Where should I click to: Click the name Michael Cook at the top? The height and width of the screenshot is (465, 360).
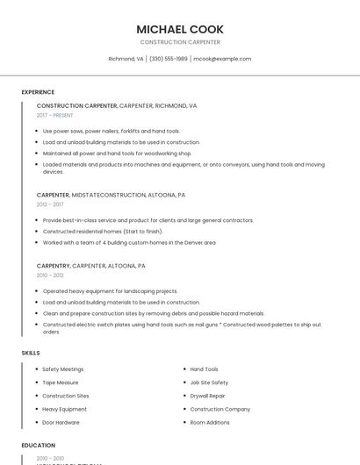pos(180,29)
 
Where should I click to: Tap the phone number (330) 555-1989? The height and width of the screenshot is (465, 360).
pos(168,59)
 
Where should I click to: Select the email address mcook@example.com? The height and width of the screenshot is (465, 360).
pos(222,59)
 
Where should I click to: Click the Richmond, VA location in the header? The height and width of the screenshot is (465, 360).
pos(126,59)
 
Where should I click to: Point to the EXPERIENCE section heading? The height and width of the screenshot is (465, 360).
pos(38,92)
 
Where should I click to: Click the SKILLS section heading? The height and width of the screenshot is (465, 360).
pos(31,353)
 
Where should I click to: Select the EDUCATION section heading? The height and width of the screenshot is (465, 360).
pos(39,446)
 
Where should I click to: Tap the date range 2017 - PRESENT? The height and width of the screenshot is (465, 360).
pos(54,115)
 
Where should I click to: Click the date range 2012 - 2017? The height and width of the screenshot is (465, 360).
pos(50,204)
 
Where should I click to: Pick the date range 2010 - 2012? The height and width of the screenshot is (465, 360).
pos(50,275)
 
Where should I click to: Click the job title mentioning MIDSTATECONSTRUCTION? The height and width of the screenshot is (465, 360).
pos(111,195)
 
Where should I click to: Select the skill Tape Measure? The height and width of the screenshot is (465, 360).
pos(61,383)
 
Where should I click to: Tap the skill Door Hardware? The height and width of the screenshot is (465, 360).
pos(61,422)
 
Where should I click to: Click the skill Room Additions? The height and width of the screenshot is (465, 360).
pos(210,422)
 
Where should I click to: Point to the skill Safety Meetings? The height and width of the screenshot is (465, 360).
pos(63,369)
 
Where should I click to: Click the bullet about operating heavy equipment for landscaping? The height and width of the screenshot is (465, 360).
pos(111,291)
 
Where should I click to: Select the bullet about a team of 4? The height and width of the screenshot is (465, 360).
pos(129,242)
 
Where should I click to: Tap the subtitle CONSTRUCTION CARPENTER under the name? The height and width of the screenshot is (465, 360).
pos(180,42)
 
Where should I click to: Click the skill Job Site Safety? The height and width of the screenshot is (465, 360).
pos(209,383)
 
